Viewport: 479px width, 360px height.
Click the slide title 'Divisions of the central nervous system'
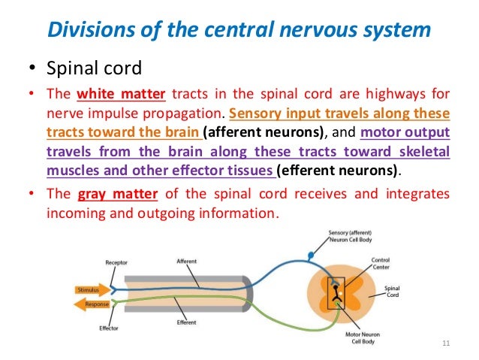239,32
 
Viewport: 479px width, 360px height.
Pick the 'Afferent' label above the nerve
187,262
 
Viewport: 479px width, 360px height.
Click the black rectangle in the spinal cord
335,293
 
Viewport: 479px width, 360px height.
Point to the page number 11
446,344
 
